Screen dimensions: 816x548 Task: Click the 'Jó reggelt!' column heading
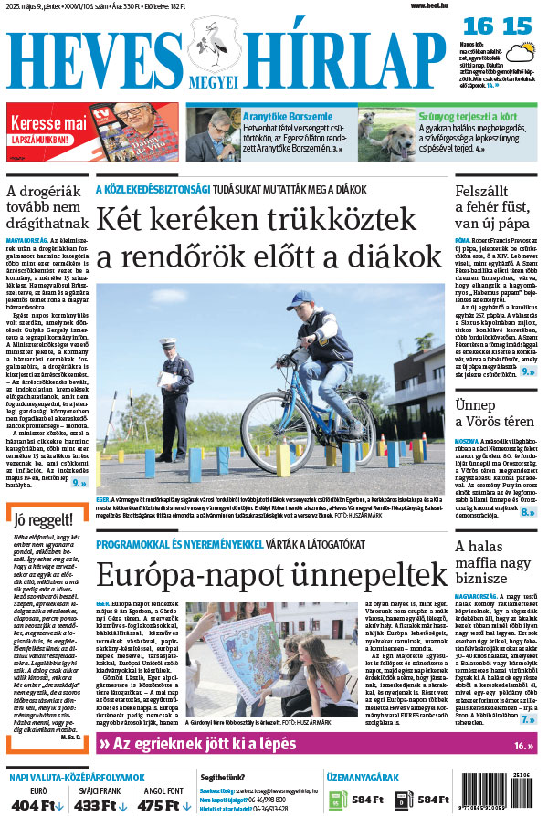[x=40, y=521]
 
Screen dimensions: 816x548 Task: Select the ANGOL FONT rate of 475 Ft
[x=159, y=804]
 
